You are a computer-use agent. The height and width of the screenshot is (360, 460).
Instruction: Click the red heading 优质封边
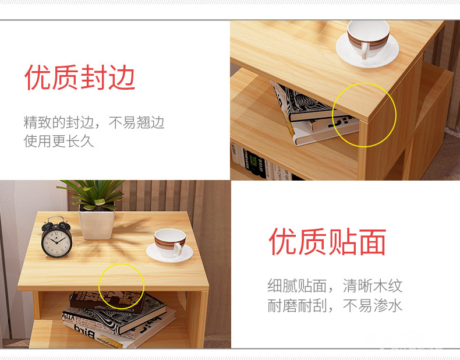coord(80,77)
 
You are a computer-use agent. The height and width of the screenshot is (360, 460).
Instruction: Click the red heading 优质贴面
coord(327,242)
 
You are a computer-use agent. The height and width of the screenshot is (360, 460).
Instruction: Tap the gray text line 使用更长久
coord(59,141)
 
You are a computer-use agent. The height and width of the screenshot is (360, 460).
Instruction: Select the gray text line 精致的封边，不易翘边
coord(94,122)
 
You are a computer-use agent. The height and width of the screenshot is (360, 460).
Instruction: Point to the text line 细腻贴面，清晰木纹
coord(335,286)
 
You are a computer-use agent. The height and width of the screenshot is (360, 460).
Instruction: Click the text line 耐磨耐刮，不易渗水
coord(335,305)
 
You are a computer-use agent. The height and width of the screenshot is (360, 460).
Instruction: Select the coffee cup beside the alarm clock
coord(170,243)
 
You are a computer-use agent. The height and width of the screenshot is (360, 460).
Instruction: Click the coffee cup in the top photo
coord(368,38)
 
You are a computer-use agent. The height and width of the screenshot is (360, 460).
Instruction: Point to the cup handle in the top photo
coord(365,51)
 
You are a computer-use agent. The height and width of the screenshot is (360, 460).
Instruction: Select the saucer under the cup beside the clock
coord(169,255)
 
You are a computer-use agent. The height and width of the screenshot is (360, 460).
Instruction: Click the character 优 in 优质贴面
coord(282,242)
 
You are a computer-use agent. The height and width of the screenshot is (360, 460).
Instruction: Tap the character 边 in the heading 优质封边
coord(122,77)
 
